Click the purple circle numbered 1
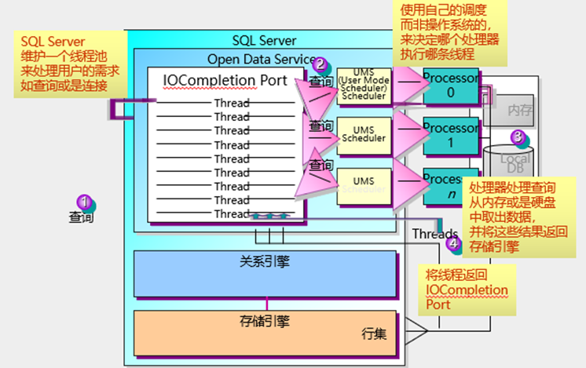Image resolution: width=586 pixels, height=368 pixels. (83, 202)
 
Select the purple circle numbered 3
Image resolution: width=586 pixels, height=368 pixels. (517, 137)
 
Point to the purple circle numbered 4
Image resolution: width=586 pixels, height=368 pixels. (453, 243)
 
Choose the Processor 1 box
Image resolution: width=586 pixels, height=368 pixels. (450, 135)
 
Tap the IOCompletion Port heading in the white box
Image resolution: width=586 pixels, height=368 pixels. (225, 80)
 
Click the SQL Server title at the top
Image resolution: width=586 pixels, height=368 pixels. (264, 40)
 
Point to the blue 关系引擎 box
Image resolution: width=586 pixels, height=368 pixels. (266, 273)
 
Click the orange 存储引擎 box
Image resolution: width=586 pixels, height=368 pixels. (266, 330)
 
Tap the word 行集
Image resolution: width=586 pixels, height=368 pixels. (373, 333)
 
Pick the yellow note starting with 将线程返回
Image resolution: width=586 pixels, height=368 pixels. (467, 290)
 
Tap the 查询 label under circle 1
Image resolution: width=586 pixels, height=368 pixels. (81, 217)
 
